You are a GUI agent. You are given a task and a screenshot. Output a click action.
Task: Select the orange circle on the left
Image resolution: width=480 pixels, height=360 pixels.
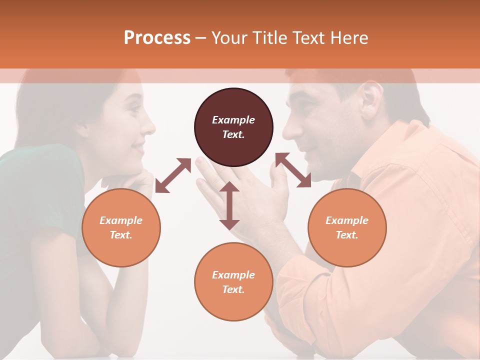121,227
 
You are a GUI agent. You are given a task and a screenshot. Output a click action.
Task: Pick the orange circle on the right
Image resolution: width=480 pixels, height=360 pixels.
346,227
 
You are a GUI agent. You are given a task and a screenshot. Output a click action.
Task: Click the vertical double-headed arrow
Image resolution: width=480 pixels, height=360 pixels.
229,205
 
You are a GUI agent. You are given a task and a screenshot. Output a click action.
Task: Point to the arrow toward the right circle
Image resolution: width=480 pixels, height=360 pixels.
293,170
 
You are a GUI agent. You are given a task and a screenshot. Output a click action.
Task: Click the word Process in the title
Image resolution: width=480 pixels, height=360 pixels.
157,37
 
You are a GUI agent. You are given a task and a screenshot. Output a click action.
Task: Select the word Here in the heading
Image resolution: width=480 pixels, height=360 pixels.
348,37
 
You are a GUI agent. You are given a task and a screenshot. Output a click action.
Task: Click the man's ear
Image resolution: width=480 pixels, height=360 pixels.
370,98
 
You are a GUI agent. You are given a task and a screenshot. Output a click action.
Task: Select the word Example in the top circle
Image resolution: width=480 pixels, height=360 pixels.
233,120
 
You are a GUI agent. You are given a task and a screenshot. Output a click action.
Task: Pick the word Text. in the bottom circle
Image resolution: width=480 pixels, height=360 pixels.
233,289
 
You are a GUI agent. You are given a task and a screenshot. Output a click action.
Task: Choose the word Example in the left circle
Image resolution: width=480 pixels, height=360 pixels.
121,220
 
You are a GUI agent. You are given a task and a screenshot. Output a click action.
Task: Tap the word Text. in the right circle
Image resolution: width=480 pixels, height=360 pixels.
346,235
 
